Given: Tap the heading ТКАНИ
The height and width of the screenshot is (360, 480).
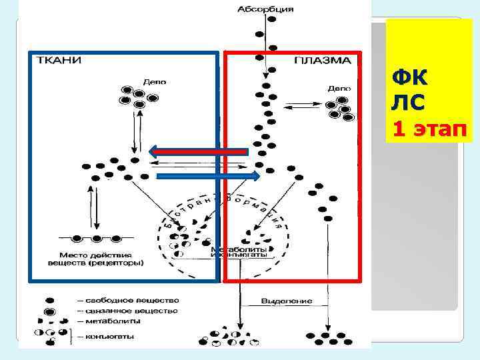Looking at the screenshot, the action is (x=58, y=60).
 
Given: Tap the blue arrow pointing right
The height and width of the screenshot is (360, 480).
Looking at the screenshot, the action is (x=207, y=176).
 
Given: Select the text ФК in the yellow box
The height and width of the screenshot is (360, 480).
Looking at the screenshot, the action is (x=411, y=79).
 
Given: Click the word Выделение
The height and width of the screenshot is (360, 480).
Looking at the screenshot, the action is (x=287, y=301).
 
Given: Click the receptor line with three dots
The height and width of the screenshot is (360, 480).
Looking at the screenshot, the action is (x=97, y=238).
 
